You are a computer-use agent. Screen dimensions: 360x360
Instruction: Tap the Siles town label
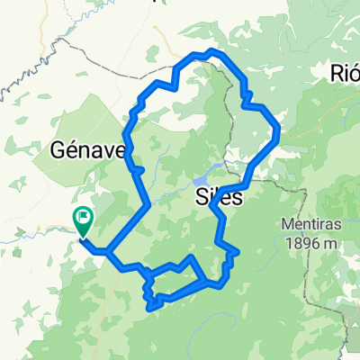(x=218, y=198)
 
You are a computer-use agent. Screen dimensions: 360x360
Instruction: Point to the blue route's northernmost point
(x=211, y=51)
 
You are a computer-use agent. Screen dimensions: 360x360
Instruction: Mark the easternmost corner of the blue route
(x=279, y=132)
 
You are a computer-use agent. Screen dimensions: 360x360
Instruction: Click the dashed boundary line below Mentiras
(x=310, y=270)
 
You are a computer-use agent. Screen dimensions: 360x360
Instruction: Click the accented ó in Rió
(x=354, y=72)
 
